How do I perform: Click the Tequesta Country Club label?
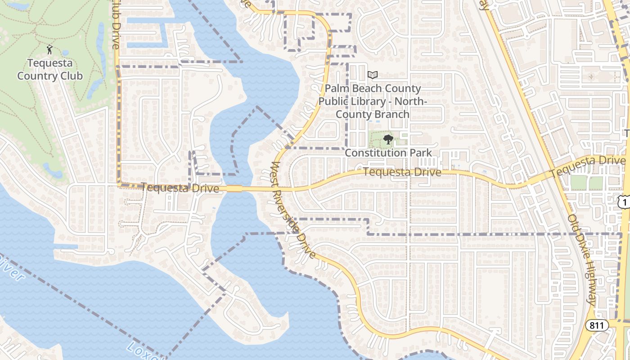coord(50,69)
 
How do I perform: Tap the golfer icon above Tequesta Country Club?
coord(50,49)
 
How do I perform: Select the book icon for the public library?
coord(372,75)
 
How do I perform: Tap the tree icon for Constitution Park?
coord(388,140)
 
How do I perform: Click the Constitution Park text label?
coord(388,153)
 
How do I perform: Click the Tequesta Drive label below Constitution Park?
coord(402,172)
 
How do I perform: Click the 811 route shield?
coord(597,325)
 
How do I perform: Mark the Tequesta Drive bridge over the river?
coord(234,188)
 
